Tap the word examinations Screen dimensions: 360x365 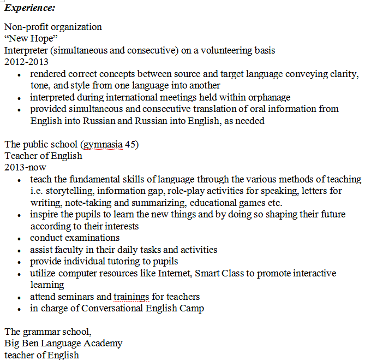(x=93, y=238)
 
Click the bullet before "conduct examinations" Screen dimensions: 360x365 (x=20, y=239)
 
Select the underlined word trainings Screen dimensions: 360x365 (x=131, y=297)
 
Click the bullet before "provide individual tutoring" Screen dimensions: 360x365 (x=20, y=262)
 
